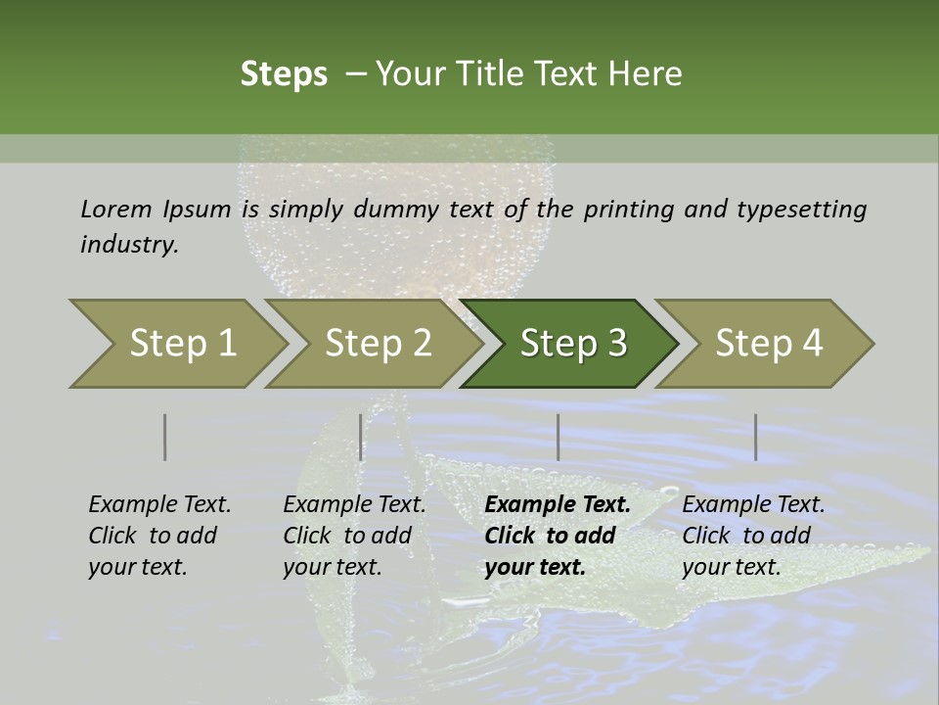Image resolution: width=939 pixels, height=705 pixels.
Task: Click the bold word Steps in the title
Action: click(284, 74)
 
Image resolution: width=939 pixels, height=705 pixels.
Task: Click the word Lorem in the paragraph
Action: click(115, 209)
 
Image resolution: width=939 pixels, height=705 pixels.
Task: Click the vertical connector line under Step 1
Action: click(164, 437)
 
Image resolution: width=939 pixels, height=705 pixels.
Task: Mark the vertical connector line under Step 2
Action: click(361, 437)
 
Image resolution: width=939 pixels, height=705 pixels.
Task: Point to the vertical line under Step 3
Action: click(558, 437)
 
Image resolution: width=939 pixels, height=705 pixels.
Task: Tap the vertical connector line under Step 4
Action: click(755, 437)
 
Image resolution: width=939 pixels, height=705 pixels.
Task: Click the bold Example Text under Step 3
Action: click(558, 505)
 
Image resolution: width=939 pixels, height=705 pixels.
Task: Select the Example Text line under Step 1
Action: click(159, 505)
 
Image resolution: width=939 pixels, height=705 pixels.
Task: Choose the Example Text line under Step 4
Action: click(753, 505)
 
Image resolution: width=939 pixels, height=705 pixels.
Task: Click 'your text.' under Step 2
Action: click(333, 567)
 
